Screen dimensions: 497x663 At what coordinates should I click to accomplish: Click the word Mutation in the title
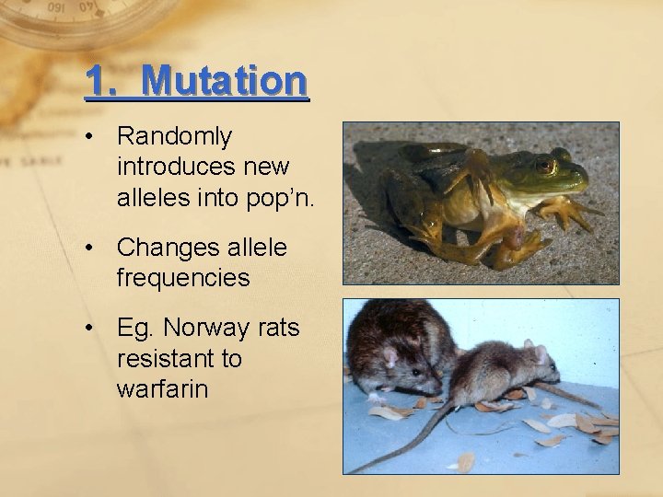pyautogui.click(x=225, y=80)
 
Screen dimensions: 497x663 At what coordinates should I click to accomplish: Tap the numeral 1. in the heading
pyautogui.click(x=101, y=80)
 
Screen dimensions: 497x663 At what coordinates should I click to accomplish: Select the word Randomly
pyautogui.click(x=174, y=137)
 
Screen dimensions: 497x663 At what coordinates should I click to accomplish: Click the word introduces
pyautogui.click(x=176, y=167)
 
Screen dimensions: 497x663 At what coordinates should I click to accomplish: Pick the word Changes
pyautogui.click(x=174, y=248)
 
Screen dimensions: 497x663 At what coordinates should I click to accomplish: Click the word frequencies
pyautogui.click(x=183, y=277)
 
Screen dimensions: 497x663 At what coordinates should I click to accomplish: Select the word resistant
pyautogui.click(x=167, y=358)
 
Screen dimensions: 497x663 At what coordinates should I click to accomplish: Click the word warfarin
pyautogui.click(x=162, y=388)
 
